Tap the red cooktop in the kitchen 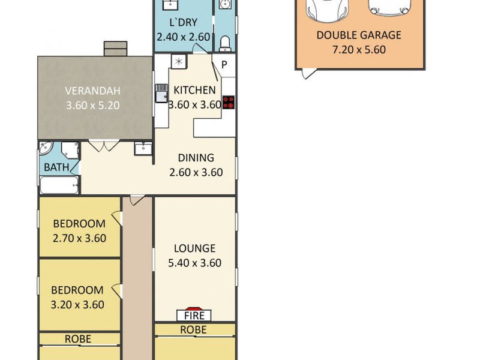(x=228, y=102)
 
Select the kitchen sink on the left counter (x=161, y=93)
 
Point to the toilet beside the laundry (x=225, y=43)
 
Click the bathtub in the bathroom (x=60, y=185)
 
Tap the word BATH (x=56, y=167)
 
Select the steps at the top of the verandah (x=115, y=49)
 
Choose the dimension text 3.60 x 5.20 (x=93, y=106)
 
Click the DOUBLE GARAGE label (x=359, y=35)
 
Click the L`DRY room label (x=184, y=22)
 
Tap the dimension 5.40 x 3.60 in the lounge (x=194, y=263)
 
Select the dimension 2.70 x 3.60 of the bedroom (x=79, y=238)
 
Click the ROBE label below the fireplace (x=193, y=330)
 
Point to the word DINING (x=196, y=158)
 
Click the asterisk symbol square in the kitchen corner (x=179, y=62)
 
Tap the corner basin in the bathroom (x=46, y=148)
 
